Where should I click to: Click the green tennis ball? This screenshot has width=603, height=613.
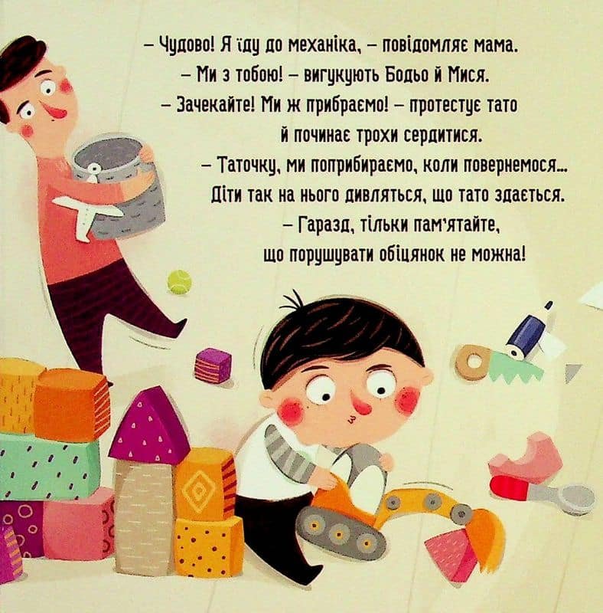(x=180, y=281)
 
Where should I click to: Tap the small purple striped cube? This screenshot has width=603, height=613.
(x=213, y=363)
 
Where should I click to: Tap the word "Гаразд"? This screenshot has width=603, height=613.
(x=324, y=225)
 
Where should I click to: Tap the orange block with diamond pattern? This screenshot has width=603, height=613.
(x=203, y=485)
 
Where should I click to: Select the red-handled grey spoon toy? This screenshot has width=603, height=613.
(x=543, y=493)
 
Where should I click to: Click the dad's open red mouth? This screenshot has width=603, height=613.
(x=60, y=111)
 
